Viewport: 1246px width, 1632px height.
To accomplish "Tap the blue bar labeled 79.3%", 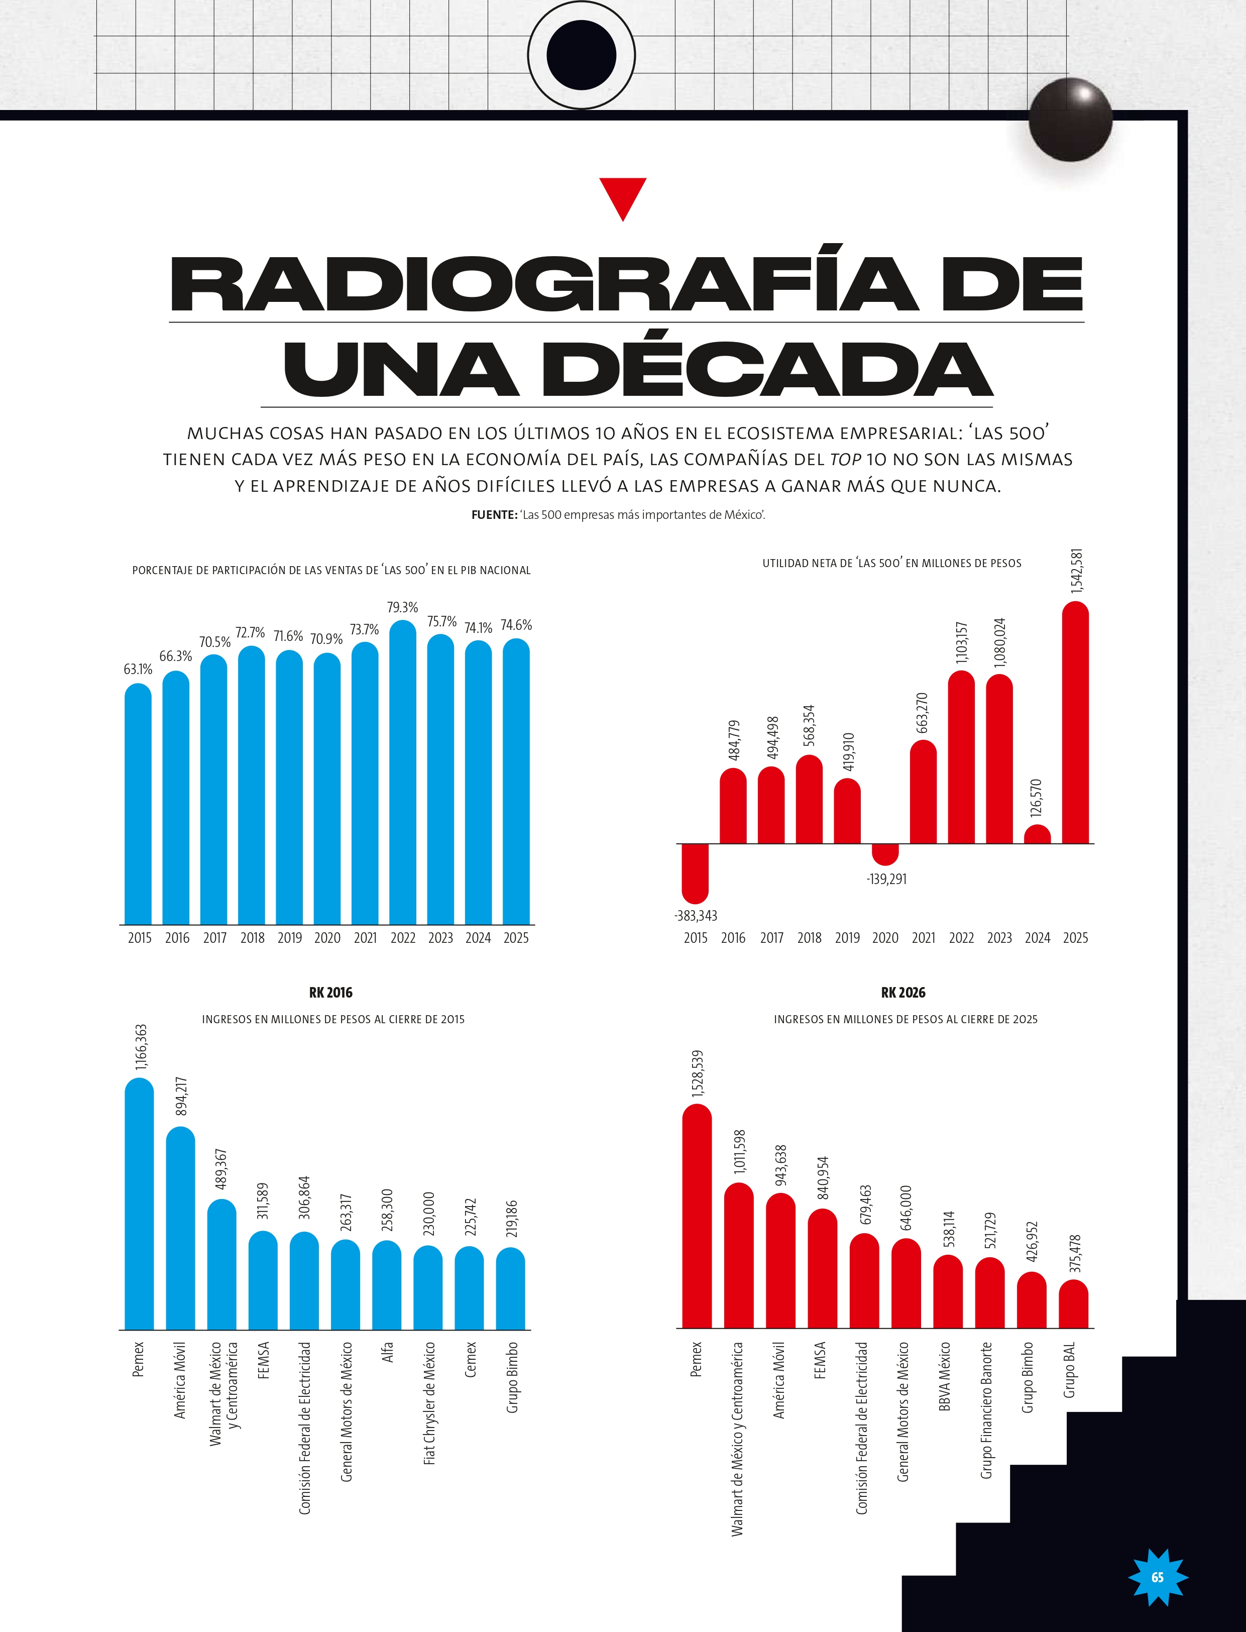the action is (403, 772).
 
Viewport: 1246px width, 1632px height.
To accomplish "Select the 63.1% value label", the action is (138, 669).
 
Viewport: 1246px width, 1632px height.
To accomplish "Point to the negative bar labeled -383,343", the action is (695, 873).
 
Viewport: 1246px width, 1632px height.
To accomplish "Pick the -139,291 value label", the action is (886, 879).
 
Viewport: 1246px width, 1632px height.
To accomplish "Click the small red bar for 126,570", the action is (1037, 834).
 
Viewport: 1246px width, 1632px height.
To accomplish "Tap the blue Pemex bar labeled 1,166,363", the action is (140, 1203).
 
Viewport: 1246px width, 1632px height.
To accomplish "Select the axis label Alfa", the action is (387, 1352).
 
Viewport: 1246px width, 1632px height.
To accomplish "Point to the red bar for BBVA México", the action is (948, 1291).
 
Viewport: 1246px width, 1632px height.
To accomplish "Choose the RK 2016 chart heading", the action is (331, 993).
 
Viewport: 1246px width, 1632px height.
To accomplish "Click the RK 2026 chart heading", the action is (903, 993).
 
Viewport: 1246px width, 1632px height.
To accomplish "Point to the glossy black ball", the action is (1070, 120).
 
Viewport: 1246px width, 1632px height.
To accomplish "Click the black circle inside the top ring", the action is (582, 55).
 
